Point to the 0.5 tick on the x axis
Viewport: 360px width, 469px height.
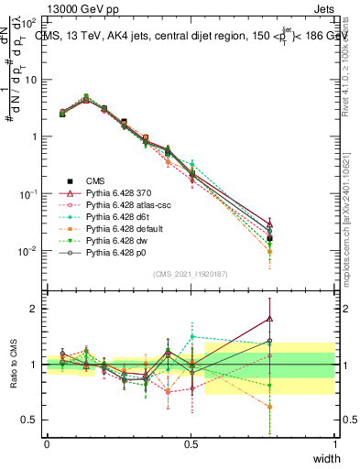click(191, 443)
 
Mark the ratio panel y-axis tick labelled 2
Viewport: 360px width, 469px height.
click(38, 308)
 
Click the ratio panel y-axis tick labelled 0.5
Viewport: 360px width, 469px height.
click(34, 420)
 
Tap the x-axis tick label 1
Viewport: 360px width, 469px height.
click(335, 443)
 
